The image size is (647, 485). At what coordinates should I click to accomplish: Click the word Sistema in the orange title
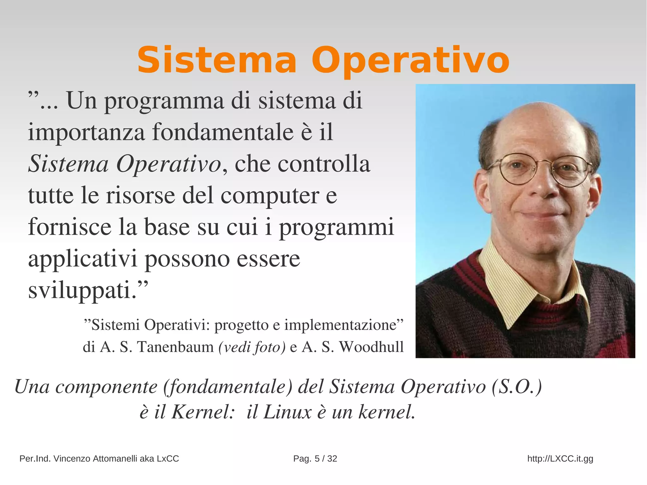tap(217, 60)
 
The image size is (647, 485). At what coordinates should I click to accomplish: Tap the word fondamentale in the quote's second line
tap(223, 132)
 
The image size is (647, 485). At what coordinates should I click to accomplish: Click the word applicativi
tap(83, 259)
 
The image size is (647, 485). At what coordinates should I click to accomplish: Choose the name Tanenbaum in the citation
tap(175, 347)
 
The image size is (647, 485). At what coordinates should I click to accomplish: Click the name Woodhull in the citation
tap(371, 347)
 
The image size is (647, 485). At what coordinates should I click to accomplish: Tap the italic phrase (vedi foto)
tap(252, 347)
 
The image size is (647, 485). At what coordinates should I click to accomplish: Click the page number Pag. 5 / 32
tap(315, 458)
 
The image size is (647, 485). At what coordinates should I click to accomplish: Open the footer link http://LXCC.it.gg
tap(560, 458)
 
